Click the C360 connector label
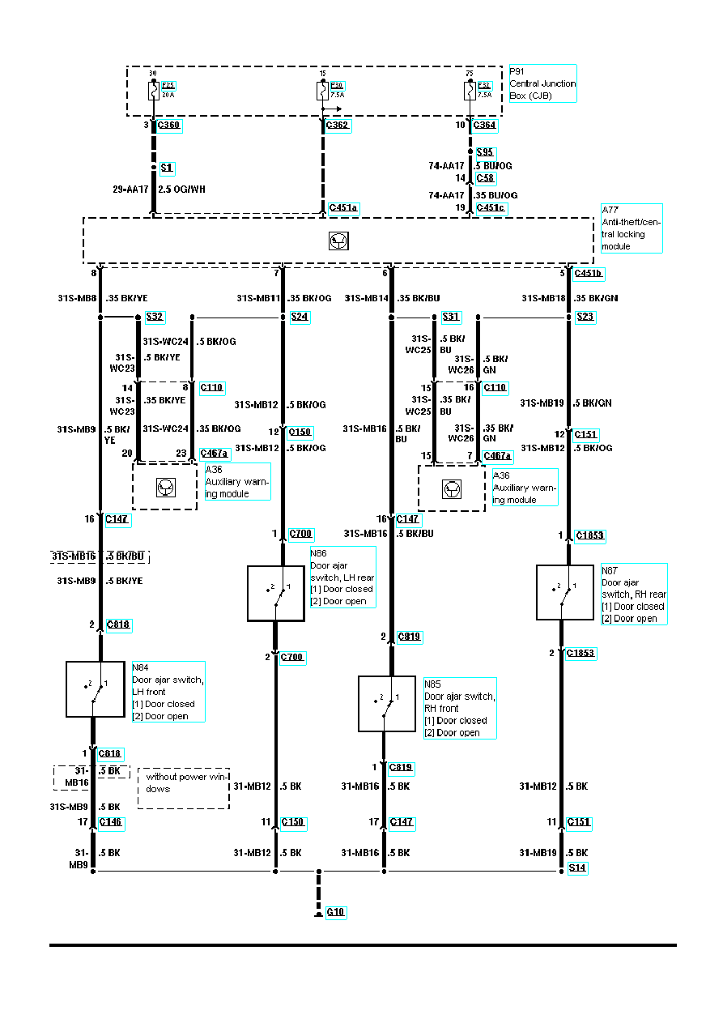[x=168, y=126]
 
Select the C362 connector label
[x=338, y=126]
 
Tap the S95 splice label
[x=485, y=152]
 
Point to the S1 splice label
[x=167, y=168]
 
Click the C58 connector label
[x=486, y=178]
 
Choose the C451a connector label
[x=343, y=208]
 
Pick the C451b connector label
[x=589, y=273]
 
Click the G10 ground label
[x=336, y=912]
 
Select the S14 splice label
[x=577, y=867]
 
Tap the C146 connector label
[x=112, y=822]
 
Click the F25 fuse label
[x=168, y=85]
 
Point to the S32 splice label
[x=155, y=318]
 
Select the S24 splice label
[x=300, y=318]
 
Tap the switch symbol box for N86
[x=276, y=594]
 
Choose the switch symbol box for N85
[x=387, y=704]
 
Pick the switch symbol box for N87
[x=565, y=592]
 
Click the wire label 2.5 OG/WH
[x=182, y=190]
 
